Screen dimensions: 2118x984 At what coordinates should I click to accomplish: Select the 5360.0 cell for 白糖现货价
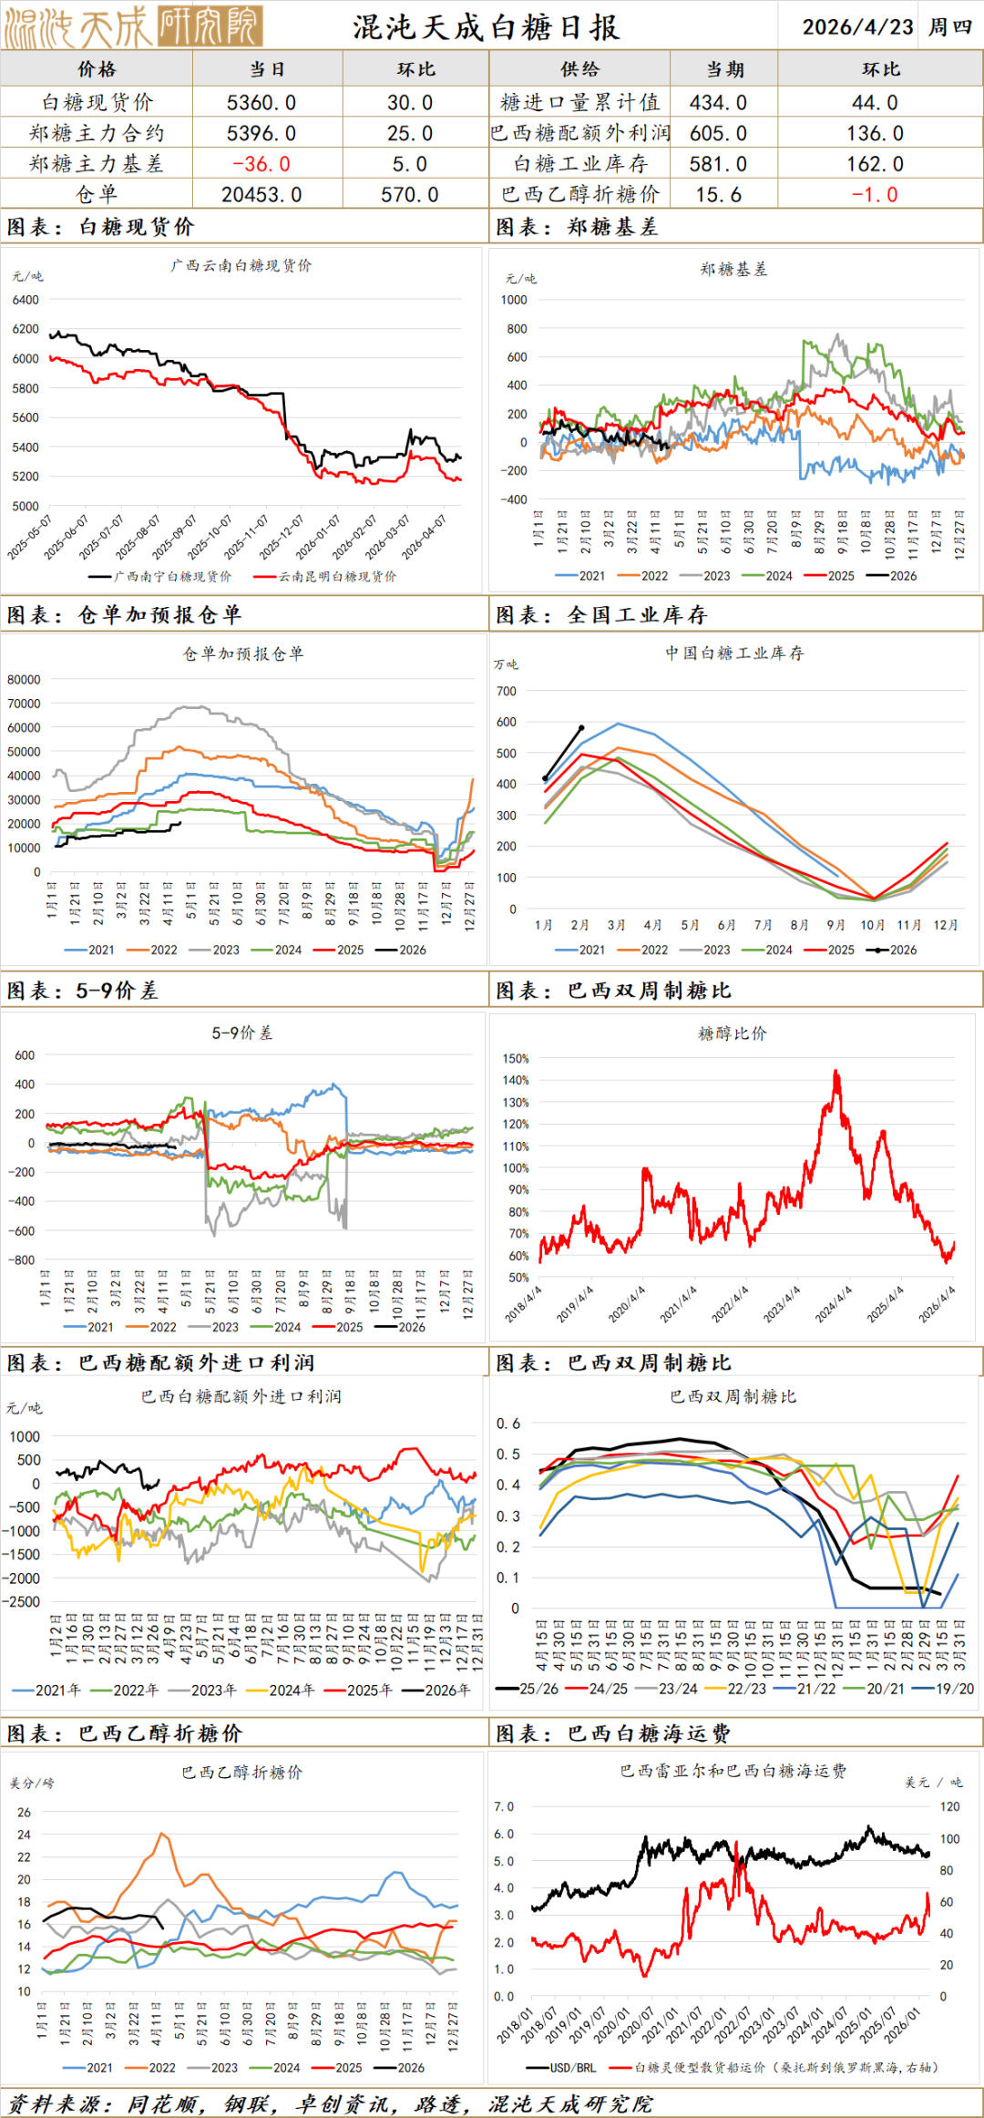point(261,103)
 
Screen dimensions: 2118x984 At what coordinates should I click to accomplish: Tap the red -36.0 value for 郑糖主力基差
point(261,164)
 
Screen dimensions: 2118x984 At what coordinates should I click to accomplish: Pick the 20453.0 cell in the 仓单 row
point(261,195)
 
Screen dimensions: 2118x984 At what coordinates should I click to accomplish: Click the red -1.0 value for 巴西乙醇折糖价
point(875,195)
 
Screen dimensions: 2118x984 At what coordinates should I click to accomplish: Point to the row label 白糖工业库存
point(580,164)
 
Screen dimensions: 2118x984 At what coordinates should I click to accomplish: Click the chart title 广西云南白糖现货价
point(241,265)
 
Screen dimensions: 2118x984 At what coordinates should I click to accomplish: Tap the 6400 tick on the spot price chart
point(26,300)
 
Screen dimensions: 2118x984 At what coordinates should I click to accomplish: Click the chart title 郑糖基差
point(733,269)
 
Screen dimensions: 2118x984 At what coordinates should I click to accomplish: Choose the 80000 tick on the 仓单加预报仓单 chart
point(24,680)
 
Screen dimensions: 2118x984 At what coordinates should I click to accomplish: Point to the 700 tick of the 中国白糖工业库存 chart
point(507,691)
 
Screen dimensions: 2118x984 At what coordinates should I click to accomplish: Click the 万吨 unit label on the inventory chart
point(506,664)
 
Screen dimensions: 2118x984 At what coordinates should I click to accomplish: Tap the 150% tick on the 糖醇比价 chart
point(516,1059)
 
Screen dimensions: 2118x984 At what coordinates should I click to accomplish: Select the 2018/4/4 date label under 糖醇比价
point(524,1304)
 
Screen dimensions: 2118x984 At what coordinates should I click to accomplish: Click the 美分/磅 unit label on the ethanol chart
point(32,1783)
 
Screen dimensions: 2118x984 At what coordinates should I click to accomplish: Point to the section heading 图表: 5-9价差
point(82,991)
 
